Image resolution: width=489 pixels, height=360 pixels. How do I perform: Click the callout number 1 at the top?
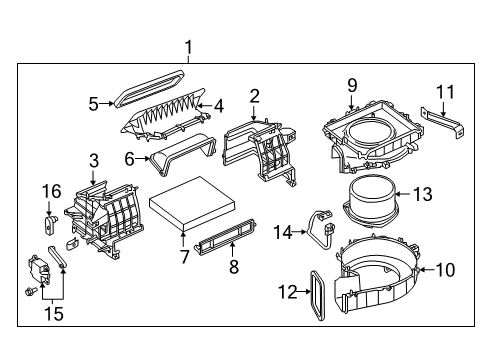click(x=185, y=46)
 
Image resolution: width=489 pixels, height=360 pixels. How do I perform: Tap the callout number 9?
click(x=351, y=85)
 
